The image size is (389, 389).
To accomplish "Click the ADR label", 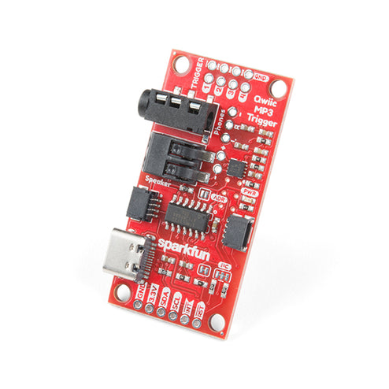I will (220, 198).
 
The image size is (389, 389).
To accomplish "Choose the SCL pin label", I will (177, 302).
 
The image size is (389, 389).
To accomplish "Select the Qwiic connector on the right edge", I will (237, 230).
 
